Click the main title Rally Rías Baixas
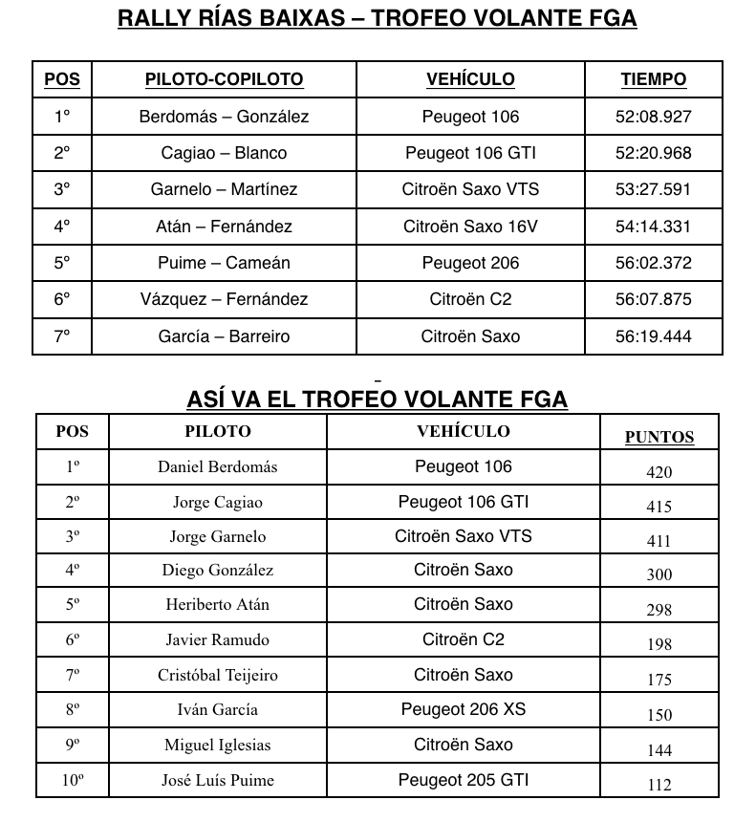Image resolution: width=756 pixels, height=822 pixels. click(x=377, y=19)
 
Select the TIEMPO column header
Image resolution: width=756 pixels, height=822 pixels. click(x=653, y=80)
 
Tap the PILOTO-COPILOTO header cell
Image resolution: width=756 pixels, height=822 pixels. click(x=224, y=80)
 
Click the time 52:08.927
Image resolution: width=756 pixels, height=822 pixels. click(x=653, y=117)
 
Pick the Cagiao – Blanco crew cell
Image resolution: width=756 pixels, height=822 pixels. click(x=224, y=153)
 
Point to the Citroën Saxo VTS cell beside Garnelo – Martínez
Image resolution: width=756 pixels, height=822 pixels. click(x=470, y=189)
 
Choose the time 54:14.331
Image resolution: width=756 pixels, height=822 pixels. click(x=653, y=227)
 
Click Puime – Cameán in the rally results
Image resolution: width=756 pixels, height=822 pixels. click(x=224, y=263)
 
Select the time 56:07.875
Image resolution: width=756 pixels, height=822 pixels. click(x=653, y=299)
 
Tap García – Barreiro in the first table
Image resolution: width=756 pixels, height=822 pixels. click(x=224, y=336)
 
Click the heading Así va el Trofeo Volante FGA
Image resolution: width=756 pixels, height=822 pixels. click(x=377, y=400)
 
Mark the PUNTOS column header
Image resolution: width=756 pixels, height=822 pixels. click(x=659, y=438)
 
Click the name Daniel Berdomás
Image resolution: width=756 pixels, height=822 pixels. click(x=218, y=466)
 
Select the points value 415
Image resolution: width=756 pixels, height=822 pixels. click(x=659, y=507)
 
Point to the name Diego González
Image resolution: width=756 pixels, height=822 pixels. click(x=218, y=571)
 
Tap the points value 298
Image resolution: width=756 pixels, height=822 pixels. click(x=659, y=610)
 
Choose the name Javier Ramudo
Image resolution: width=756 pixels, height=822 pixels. click(x=218, y=640)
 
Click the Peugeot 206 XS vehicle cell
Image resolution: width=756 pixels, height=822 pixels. click(x=464, y=709)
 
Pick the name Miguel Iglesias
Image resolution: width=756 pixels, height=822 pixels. click(x=218, y=746)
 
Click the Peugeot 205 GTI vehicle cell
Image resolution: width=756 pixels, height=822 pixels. click(x=464, y=779)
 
